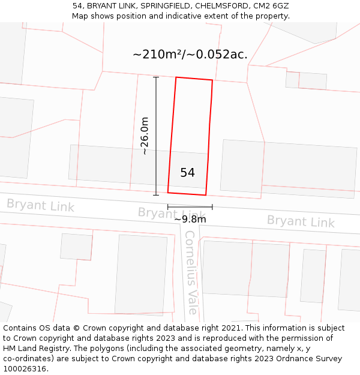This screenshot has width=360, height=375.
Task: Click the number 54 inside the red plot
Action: [187, 173]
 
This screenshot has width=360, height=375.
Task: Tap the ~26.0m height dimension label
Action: [144, 136]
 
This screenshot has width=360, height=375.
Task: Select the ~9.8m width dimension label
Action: [190, 220]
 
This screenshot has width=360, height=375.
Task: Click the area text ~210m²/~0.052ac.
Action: [190, 55]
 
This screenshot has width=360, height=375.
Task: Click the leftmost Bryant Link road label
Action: [40, 205]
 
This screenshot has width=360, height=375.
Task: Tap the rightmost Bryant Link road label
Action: [301, 221]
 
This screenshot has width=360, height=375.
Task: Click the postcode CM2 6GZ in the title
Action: [272, 5]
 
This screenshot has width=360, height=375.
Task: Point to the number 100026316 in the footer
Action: [25, 369]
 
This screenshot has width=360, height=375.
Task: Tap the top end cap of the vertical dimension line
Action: [156, 77]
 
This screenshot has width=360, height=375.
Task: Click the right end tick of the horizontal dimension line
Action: [212, 207]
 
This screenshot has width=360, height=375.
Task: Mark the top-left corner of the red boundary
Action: [176, 77]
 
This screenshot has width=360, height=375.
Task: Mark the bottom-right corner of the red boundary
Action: [206, 195]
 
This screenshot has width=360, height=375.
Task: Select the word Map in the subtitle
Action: [80, 16]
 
